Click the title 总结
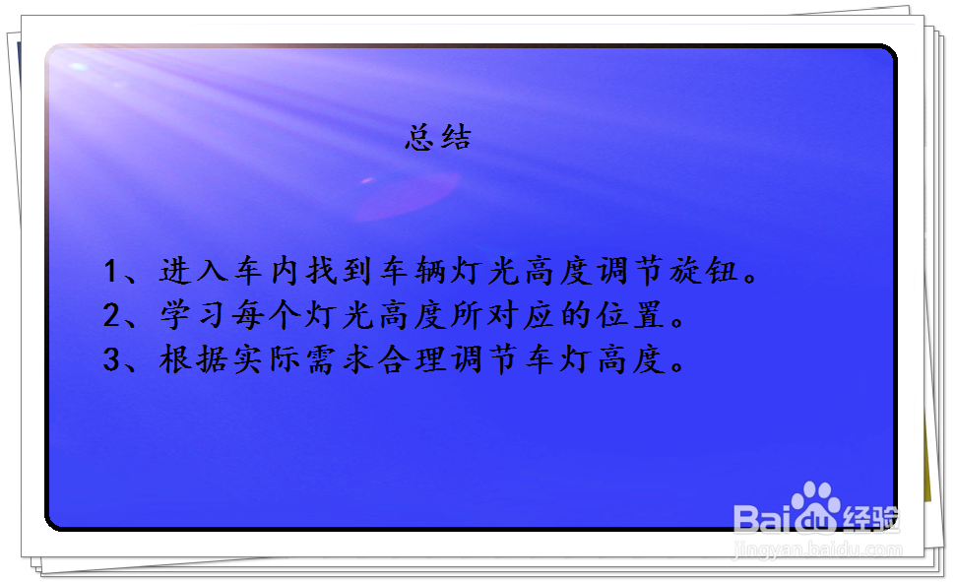[438, 137]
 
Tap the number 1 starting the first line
[110, 272]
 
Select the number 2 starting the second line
[110, 316]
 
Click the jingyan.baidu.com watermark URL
[817, 550]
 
